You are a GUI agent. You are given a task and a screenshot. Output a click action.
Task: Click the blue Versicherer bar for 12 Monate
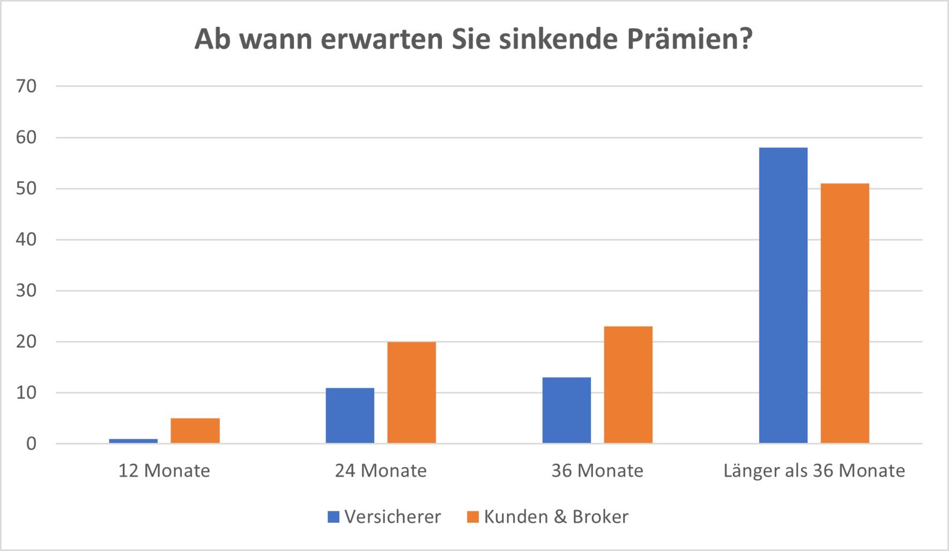[x=134, y=441]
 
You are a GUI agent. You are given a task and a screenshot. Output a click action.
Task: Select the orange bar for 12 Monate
[x=195, y=430]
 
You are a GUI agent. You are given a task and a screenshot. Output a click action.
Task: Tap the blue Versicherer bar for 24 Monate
[x=350, y=415]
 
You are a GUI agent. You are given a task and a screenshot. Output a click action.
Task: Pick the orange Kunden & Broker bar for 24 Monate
[x=412, y=392]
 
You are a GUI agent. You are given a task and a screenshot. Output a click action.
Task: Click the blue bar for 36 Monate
[x=567, y=410]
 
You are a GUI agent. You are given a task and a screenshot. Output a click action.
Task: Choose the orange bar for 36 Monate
[x=628, y=385]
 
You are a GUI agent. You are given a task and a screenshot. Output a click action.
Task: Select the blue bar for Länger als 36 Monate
[x=783, y=295]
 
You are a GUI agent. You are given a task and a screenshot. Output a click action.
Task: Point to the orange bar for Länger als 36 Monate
[x=845, y=313]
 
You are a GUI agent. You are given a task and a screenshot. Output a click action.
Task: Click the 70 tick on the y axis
[x=26, y=86]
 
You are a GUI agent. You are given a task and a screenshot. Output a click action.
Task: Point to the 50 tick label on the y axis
[x=26, y=188]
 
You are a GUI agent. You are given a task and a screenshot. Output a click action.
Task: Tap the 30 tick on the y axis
[x=26, y=291]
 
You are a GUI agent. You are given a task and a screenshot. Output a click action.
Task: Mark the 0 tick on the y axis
[x=31, y=444]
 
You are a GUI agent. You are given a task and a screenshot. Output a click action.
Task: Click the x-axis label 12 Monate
[x=164, y=471]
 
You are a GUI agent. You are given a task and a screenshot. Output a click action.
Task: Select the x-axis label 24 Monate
[x=381, y=471]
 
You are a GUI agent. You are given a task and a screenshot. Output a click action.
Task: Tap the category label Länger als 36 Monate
[x=814, y=471]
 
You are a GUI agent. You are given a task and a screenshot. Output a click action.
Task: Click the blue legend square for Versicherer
[x=333, y=517]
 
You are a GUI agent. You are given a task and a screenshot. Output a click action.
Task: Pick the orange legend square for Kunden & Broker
[x=473, y=517]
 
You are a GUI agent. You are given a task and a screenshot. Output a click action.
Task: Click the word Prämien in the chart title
[x=689, y=39]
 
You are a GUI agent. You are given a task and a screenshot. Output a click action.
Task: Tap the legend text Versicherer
[x=392, y=517]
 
